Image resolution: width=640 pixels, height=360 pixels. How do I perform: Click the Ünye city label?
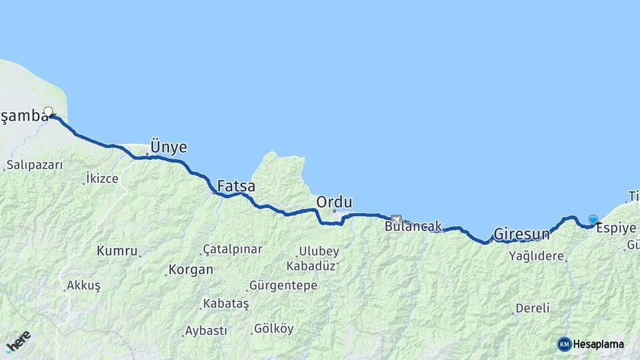click(169, 147)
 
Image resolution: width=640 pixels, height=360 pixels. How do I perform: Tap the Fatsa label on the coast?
click(236, 186)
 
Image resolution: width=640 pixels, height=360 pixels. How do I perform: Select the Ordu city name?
click(334, 201)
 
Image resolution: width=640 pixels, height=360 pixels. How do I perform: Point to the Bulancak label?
click(413, 227)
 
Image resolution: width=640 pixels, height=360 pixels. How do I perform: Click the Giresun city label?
click(521, 235)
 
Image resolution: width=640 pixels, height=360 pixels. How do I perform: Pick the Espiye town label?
click(616, 227)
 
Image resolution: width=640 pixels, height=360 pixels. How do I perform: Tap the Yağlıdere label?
click(537, 255)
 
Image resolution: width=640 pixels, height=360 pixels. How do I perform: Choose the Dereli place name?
click(532, 308)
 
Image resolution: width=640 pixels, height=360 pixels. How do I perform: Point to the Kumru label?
click(117, 251)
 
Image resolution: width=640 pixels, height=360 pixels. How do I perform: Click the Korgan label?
click(191, 270)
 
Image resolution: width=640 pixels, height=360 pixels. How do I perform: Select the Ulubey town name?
click(319, 251)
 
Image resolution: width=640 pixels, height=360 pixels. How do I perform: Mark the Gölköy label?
click(273, 329)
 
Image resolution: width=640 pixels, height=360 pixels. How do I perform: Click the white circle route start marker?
click(48, 111)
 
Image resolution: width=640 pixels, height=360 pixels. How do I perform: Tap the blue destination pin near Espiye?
click(593, 219)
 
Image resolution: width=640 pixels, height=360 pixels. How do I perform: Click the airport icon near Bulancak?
click(397, 219)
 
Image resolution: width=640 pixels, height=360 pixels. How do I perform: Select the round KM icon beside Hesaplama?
click(564, 344)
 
